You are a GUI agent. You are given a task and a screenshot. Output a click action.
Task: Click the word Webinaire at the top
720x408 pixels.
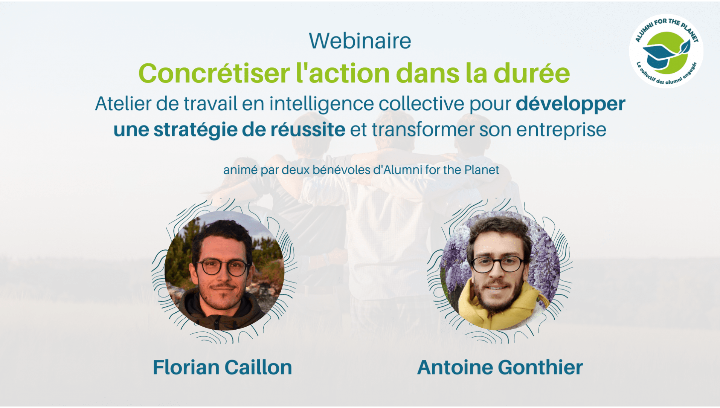(360, 41)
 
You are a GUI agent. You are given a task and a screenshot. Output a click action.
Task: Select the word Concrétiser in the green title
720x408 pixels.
(214, 73)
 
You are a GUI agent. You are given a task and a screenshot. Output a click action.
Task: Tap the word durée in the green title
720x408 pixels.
(532, 73)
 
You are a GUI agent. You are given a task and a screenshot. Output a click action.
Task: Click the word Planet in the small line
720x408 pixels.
(482, 170)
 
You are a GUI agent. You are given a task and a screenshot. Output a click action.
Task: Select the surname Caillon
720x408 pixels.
(259, 367)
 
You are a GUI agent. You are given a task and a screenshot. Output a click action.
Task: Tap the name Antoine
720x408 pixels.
(455, 367)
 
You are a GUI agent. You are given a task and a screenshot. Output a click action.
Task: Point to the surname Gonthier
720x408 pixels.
(540, 367)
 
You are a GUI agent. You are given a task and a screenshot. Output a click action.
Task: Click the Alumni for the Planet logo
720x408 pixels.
(666, 51)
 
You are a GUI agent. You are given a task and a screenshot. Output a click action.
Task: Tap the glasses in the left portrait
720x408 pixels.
(223, 267)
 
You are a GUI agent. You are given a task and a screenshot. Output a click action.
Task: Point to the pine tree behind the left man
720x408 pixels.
(181, 249)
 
